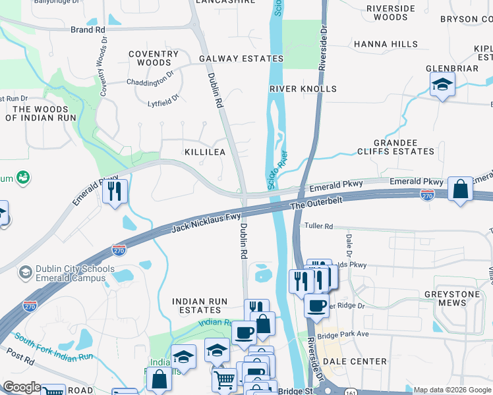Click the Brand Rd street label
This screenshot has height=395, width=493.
coord(88,30)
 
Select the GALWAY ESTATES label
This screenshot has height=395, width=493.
coord(242,59)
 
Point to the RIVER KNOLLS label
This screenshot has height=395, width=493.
coord(303,88)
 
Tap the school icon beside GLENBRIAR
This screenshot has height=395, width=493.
coord(442,85)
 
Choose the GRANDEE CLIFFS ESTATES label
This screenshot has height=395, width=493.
coord(404,147)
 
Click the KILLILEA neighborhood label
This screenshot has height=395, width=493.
coord(205,152)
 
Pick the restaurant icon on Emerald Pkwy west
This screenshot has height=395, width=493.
coord(115,191)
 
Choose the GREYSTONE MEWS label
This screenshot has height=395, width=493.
coord(455,299)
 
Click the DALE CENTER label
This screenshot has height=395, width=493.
coord(361,361)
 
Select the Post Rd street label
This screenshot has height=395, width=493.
coord(21,357)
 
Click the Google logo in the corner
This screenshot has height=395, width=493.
coord(21,387)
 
